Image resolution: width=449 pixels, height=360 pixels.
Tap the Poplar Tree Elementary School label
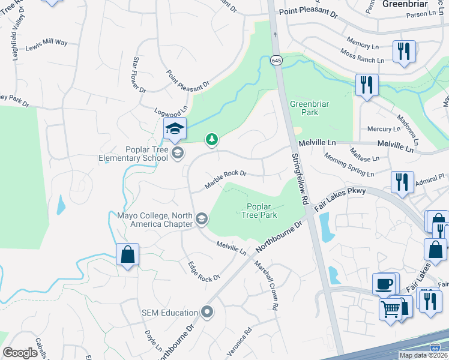tap(133, 154)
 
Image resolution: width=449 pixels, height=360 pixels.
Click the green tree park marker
tap(211, 140)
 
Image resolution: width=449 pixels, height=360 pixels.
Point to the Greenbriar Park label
tap(303, 108)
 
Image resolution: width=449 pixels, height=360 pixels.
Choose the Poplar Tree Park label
tap(260, 211)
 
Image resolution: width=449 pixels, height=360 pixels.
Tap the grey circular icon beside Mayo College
tap(202, 220)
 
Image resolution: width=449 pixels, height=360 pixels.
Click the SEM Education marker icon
tap(207, 312)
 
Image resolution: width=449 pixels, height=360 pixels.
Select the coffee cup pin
tap(384, 284)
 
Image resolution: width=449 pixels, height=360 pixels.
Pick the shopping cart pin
tap(391, 310)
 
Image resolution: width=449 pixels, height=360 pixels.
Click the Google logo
tap(20, 353)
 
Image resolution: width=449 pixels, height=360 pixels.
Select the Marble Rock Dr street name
tap(226, 179)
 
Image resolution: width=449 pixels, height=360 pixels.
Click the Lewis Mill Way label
tap(47, 44)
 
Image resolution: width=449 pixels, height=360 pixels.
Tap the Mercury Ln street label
tap(384, 129)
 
